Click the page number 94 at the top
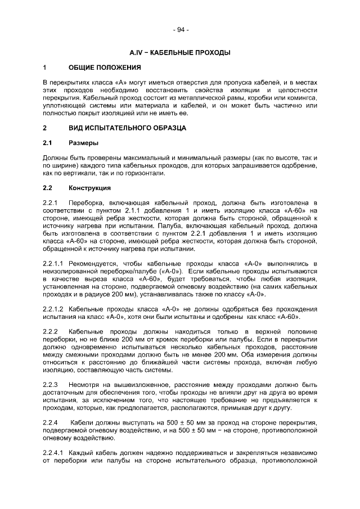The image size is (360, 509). coord(180,30)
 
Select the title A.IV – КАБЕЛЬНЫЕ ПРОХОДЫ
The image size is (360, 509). coord(180,52)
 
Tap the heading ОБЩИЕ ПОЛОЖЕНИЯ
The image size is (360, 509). coord(105,68)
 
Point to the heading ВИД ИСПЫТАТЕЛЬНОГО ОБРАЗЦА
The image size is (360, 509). coord(127,128)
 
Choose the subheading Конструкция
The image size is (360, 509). coord(90,188)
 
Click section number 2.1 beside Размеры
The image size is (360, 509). coord(48,143)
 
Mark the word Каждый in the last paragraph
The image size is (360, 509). coord(83,453)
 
